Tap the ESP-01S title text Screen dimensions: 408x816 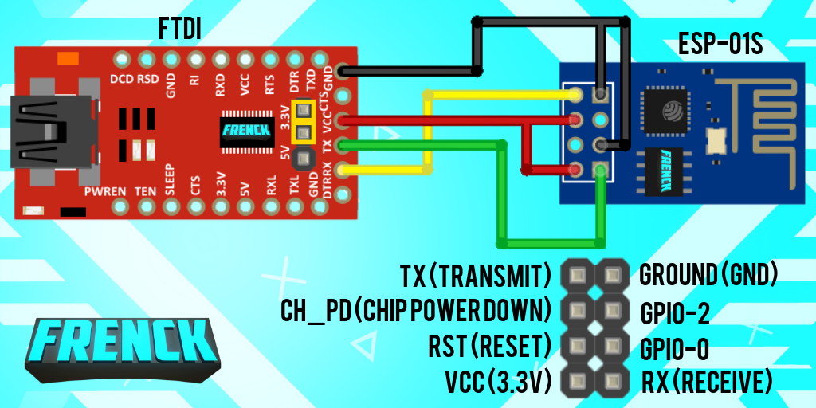pyautogui.click(x=720, y=44)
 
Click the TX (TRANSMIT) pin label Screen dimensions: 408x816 pyautogui.click(x=477, y=276)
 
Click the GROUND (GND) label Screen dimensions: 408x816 pyautogui.click(x=708, y=276)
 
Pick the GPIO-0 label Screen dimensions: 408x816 pyautogui.click(x=675, y=348)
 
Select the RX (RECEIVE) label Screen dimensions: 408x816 pyautogui.click(x=707, y=382)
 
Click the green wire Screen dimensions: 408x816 pyautogui.click(x=502, y=199)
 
